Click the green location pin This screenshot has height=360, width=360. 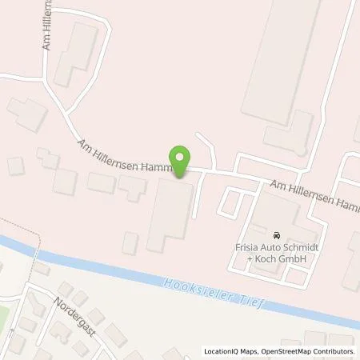pos(181,160)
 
